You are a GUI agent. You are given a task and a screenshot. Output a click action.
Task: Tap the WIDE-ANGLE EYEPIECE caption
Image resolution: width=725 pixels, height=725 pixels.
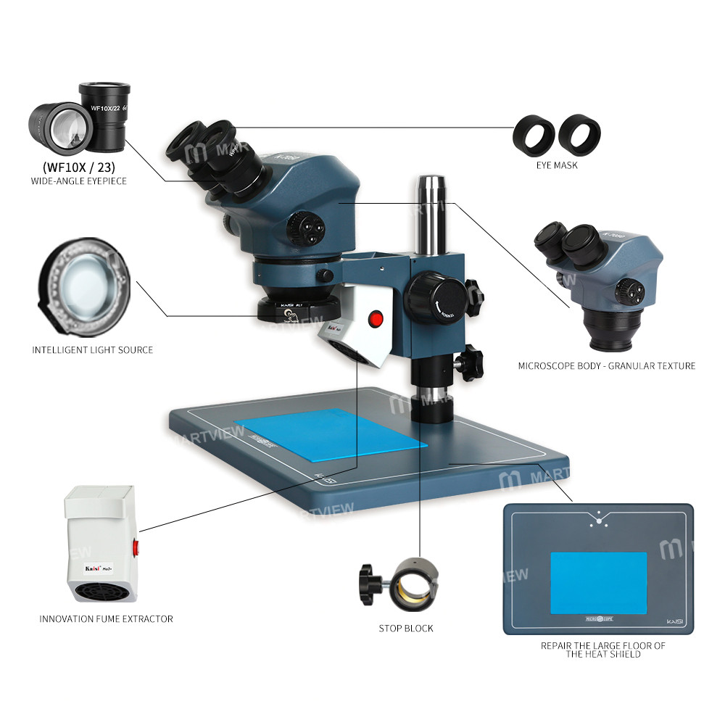pos(79,181)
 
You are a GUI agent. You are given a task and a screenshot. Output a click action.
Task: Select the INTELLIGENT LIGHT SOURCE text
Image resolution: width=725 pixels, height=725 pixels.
pos(93,349)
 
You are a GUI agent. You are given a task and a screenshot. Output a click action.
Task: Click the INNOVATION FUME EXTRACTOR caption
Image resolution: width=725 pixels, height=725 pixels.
pos(106,618)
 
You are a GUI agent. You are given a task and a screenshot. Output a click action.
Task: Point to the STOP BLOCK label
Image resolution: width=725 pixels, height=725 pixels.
pos(406,628)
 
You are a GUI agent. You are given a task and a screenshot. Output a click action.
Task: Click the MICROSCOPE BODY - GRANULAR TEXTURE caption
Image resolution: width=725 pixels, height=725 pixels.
pos(606,365)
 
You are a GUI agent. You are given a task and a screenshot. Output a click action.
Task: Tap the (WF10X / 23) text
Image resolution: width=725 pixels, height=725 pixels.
pos(78,165)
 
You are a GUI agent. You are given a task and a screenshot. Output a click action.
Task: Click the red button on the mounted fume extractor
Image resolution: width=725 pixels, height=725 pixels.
pos(376,318)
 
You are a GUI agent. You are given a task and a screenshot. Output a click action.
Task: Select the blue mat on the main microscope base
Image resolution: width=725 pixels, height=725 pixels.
pos(330,434)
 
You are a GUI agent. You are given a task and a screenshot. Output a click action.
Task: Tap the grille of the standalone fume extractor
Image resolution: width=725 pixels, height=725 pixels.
pos(101,592)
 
